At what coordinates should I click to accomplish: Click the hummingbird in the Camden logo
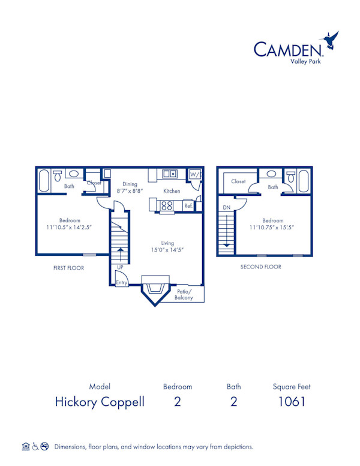click(331, 40)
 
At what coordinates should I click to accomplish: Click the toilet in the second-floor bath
click(291, 177)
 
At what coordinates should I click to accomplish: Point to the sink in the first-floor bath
click(73, 174)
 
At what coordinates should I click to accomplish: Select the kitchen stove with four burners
click(167, 205)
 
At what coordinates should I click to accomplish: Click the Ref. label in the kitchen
click(188, 206)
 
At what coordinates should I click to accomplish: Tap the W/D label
click(194, 174)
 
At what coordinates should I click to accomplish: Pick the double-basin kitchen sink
click(170, 174)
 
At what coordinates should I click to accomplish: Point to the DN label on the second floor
click(226, 208)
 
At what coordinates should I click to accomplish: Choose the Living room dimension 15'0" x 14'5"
click(167, 250)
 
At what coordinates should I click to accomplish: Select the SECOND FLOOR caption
click(260, 267)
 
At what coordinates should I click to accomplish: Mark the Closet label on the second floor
click(238, 181)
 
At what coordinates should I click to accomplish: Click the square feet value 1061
click(291, 402)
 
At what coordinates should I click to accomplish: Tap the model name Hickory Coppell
click(100, 402)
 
